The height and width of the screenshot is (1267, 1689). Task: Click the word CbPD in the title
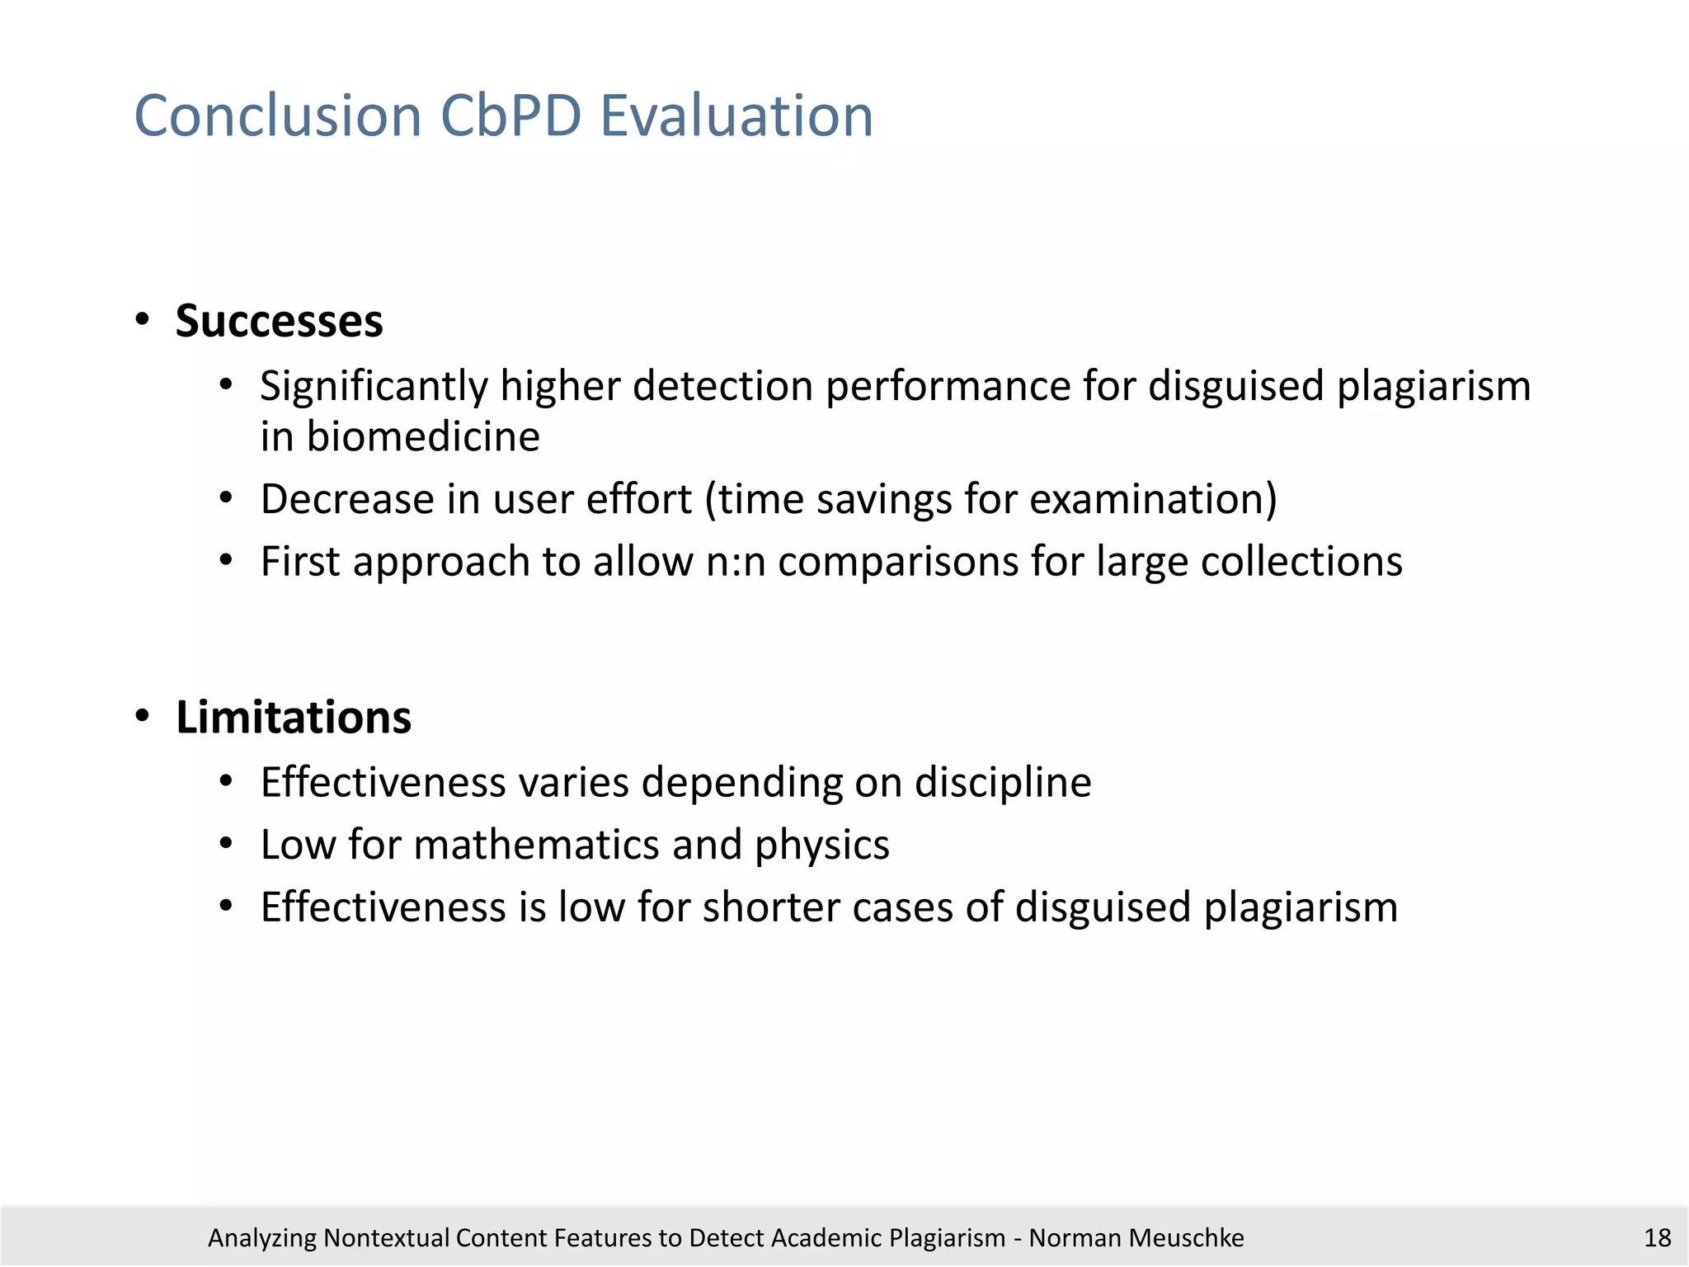point(510,115)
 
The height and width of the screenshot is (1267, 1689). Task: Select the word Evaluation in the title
point(736,115)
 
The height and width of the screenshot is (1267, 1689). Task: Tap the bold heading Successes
point(279,321)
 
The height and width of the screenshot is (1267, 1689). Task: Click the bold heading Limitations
point(293,717)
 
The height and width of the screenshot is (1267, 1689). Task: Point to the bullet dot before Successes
point(143,320)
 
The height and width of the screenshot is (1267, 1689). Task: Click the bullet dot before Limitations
point(143,716)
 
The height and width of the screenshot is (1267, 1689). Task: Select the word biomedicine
point(422,436)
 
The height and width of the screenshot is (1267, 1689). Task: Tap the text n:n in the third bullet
point(736,562)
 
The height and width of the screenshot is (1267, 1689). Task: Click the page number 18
point(1657,1238)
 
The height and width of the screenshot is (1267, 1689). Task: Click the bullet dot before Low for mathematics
point(227,844)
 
